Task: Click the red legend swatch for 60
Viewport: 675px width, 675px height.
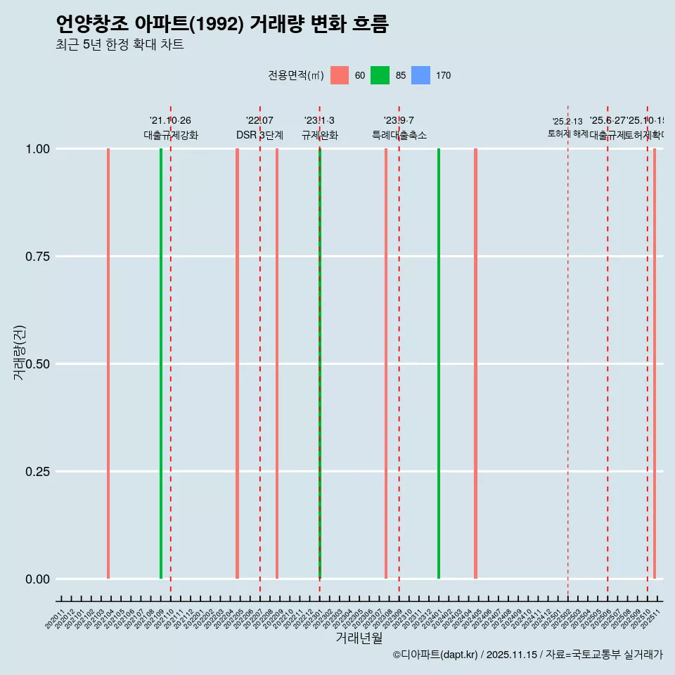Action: click(339, 75)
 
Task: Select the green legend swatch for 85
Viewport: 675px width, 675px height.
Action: click(380, 75)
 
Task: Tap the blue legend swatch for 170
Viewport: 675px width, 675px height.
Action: click(420, 75)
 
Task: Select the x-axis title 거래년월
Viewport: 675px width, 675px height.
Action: click(359, 638)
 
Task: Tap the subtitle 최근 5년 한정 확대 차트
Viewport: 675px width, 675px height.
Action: click(120, 45)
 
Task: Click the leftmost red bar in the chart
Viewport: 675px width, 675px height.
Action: click(108, 364)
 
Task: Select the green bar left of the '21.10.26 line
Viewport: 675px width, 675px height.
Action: click(161, 364)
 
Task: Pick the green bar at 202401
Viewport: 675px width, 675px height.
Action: click(439, 364)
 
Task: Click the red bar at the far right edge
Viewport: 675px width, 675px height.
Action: click(655, 364)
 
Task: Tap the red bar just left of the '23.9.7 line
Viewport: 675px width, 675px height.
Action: click(386, 364)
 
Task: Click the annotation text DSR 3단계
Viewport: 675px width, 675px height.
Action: click(259, 135)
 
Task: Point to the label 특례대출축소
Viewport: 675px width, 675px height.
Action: click(399, 135)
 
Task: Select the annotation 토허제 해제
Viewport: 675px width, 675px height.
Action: click(567, 134)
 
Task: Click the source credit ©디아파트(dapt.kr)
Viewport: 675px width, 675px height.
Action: click(435, 655)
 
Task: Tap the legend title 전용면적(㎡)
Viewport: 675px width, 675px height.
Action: click(295, 75)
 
